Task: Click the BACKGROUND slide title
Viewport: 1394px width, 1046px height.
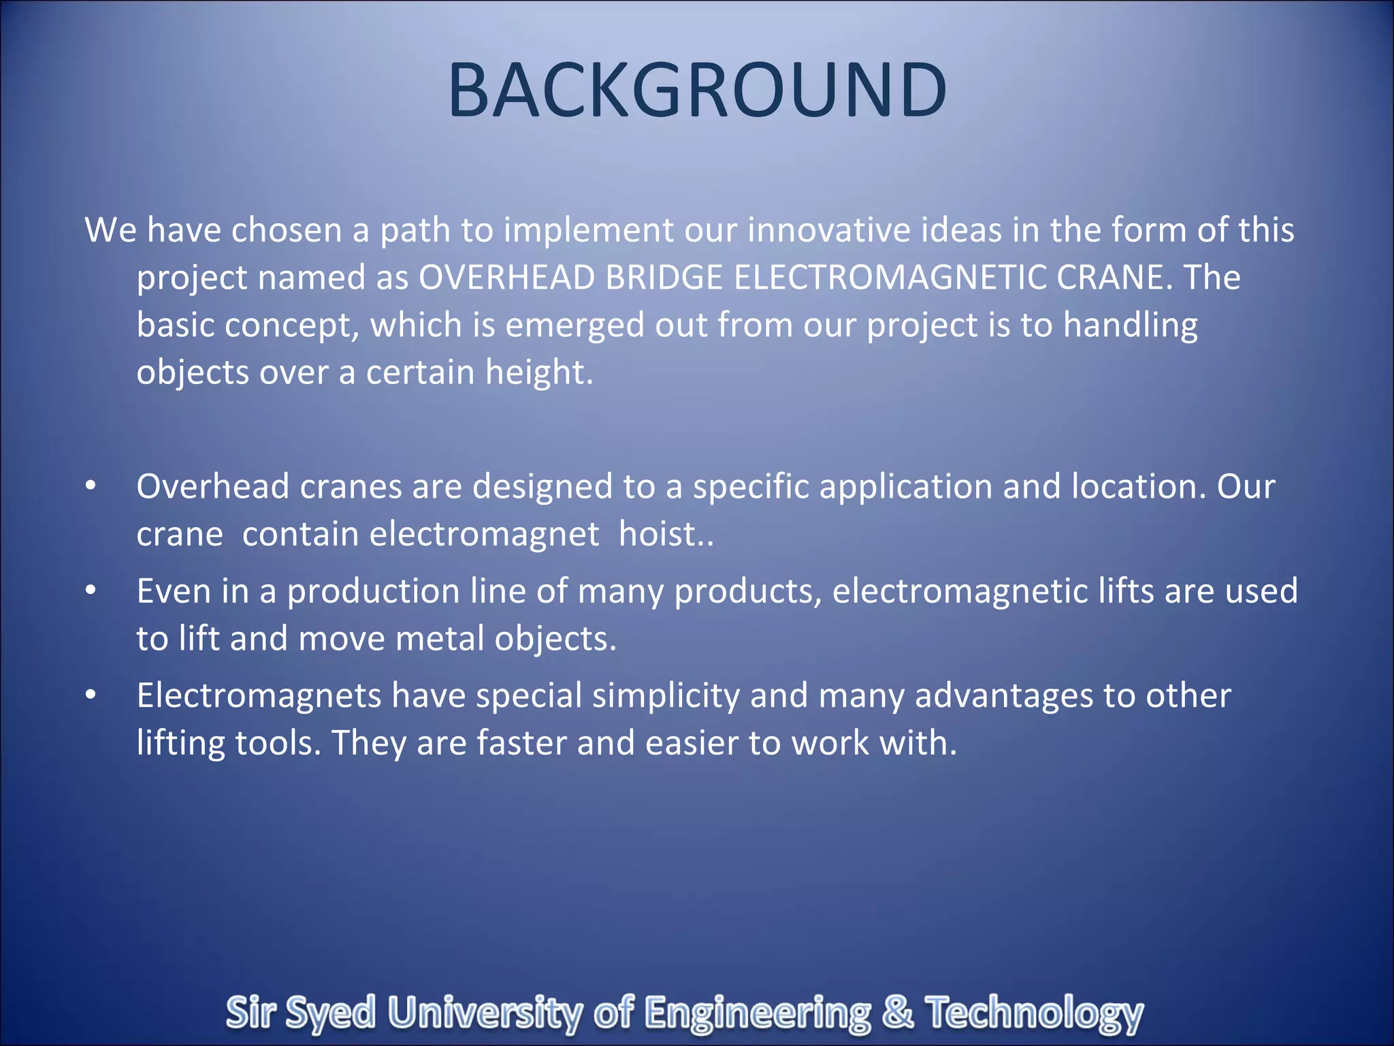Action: click(x=697, y=91)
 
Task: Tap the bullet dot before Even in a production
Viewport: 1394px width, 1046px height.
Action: click(x=91, y=591)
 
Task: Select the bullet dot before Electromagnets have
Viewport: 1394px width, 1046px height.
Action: click(x=91, y=695)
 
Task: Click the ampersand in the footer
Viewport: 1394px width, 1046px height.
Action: click(x=897, y=1012)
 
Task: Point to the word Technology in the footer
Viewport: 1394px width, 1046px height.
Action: click(x=1034, y=1013)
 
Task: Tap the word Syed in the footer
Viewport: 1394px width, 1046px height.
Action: click(x=330, y=1013)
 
